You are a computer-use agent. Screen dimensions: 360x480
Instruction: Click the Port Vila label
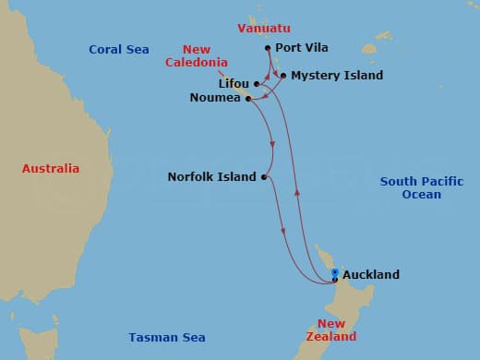click(x=303, y=48)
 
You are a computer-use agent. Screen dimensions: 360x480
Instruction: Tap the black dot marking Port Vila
click(x=267, y=48)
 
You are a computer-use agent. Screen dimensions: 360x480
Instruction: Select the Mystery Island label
click(x=336, y=76)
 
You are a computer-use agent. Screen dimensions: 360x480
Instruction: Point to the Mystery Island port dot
click(x=282, y=76)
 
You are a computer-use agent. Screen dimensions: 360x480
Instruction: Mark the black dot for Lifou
click(x=256, y=84)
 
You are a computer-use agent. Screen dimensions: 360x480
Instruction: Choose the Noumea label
click(x=216, y=98)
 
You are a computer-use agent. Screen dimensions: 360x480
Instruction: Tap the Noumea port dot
click(x=248, y=98)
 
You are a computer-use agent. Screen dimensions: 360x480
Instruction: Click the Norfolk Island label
click(x=211, y=176)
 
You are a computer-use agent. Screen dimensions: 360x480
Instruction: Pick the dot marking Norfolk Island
click(x=264, y=176)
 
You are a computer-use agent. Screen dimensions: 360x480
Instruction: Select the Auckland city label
click(x=370, y=275)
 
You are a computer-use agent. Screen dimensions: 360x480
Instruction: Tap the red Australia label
click(x=51, y=169)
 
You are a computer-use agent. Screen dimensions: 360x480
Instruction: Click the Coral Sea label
click(x=119, y=50)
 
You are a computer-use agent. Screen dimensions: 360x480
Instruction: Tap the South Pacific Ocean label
click(x=422, y=188)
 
